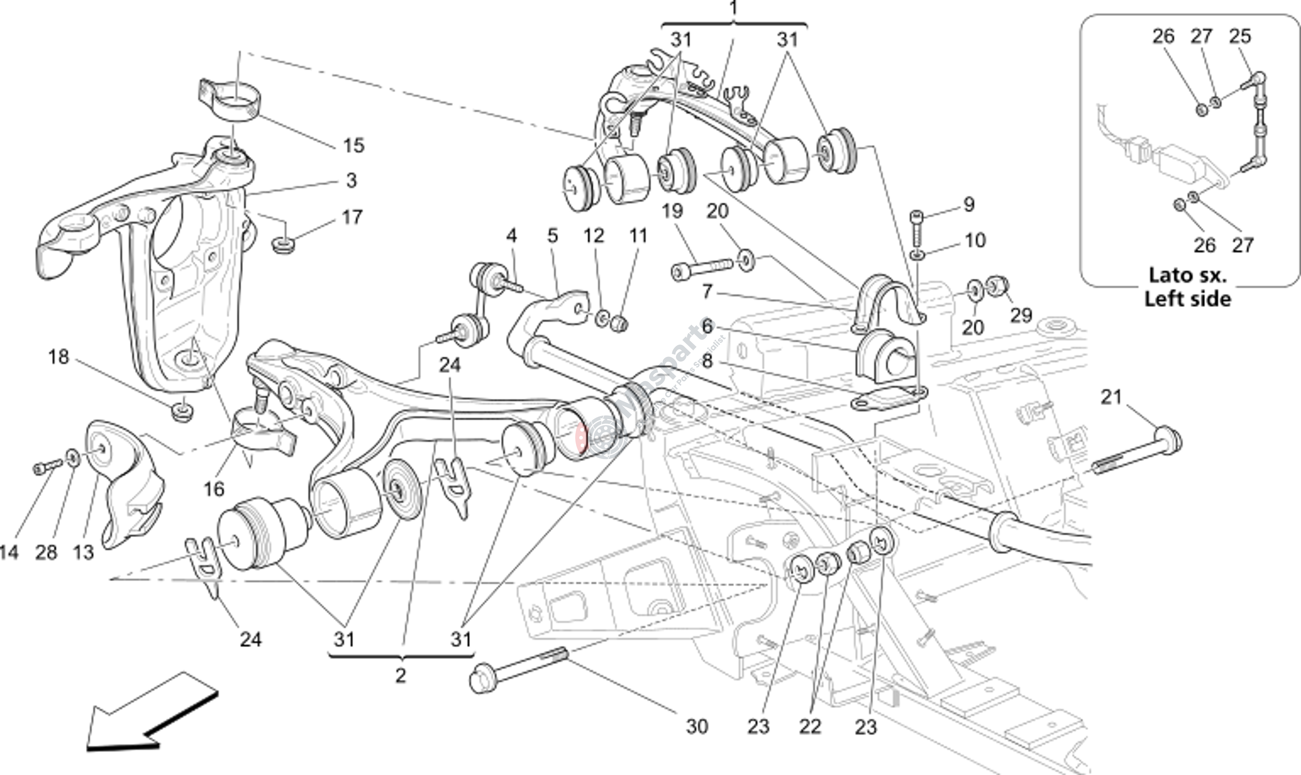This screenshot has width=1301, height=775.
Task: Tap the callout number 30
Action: click(x=697, y=726)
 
